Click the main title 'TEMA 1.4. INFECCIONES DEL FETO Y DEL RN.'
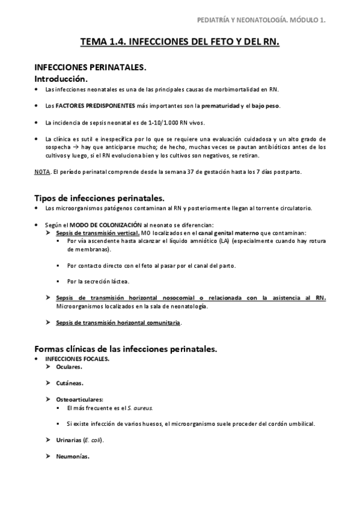pos(180,43)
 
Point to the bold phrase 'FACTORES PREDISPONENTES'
pos(91,106)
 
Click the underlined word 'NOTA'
pos(42,171)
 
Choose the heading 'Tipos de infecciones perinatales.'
pos(99,198)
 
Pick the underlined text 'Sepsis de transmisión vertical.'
pos(98,233)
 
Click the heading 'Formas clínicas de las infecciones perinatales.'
pos(126,349)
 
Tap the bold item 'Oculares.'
pos(69,366)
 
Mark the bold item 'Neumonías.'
pos(73,456)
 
